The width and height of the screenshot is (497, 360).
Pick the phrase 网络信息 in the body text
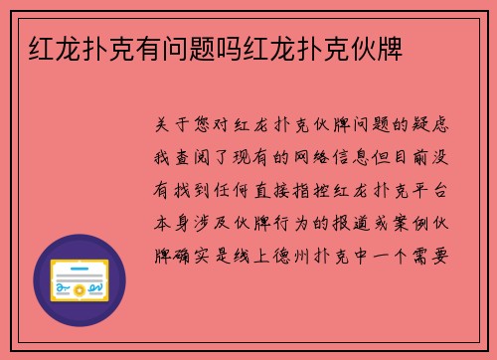pos(331,157)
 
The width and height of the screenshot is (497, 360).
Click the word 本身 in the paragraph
pos(176,222)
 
